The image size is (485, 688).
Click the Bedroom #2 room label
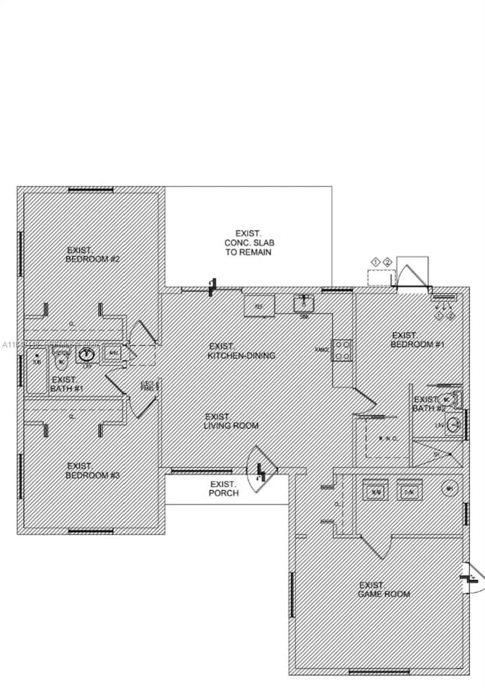click(x=92, y=255)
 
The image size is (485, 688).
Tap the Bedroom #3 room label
click(x=92, y=471)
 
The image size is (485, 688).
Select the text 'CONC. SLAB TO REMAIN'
click(x=249, y=247)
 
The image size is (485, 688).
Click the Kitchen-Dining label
click(x=241, y=351)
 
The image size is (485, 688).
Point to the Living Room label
click(x=231, y=421)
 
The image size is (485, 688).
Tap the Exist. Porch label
click(x=223, y=489)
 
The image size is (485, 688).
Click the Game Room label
click(x=384, y=589)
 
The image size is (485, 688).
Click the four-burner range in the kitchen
click(x=342, y=350)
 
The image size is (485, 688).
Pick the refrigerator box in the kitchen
click(x=259, y=306)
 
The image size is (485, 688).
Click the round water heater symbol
click(x=450, y=488)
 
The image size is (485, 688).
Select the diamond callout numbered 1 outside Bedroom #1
click(x=375, y=262)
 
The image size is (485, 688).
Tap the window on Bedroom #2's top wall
click(x=91, y=190)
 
